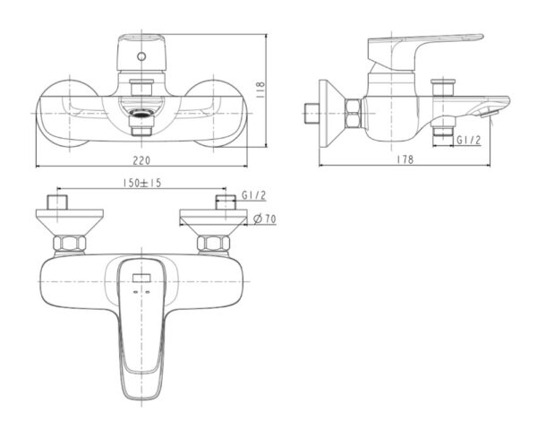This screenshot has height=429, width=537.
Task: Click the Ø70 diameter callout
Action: pos(265,220)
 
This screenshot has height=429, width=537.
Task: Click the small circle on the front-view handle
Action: pos(141,56)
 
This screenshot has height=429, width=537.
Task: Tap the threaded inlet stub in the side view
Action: pos(311,113)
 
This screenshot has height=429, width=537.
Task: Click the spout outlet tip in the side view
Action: pos(487,110)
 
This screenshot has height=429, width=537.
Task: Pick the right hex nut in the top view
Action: pos(213,243)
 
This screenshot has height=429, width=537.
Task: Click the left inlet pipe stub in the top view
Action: pos(58,202)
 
